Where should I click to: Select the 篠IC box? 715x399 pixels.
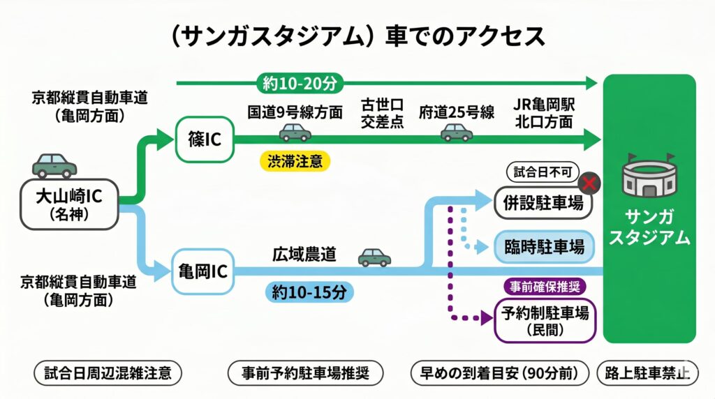click(x=205, y=140)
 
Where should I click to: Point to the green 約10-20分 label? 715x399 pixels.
click(x=300, y=84)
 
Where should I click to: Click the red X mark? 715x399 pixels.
click(x=591, y=184)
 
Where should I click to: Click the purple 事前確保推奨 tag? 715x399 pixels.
click(x=546, y=286)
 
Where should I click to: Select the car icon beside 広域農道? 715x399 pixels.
click(x=375, y=257)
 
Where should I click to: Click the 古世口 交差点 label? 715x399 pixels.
click(x=382, y=112)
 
